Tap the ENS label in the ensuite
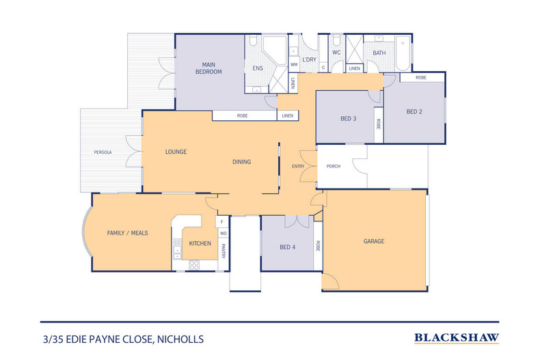258,68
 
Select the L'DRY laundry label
309,60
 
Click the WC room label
336,52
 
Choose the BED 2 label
415,111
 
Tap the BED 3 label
349,119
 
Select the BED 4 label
288,247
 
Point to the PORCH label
334,166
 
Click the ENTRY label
298,166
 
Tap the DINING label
241,162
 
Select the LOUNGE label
176,152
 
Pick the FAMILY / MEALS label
127,233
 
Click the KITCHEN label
200,243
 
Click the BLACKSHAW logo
457,337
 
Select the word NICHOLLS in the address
180,338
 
